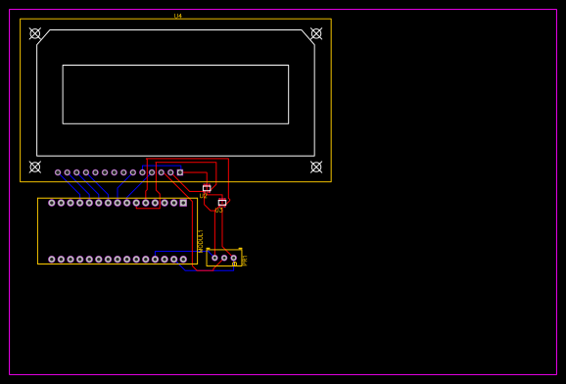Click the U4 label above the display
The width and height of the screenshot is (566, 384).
point(178,16)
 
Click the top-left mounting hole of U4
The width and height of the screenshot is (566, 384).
point(35,33)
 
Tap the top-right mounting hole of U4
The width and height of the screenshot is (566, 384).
point(316,33)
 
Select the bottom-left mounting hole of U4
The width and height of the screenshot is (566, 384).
point(35,167)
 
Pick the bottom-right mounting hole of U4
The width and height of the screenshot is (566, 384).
point(316,167)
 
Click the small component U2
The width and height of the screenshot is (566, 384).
point(207,187)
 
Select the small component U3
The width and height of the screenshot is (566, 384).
point(222,202)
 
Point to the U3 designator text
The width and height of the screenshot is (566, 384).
point(219,210)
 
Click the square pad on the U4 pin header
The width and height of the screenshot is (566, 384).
point(180,172)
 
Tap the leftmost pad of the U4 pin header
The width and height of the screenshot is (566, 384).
point(58,172)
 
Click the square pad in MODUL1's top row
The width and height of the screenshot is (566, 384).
point(183,203)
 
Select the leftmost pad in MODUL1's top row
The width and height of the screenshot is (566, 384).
point(52,203)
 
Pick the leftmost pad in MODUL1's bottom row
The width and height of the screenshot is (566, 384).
point(52,260)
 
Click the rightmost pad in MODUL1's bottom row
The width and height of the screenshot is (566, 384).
point(183,260)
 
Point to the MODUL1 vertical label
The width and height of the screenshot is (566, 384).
point(200,241)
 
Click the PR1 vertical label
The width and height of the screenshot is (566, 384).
point(245,260)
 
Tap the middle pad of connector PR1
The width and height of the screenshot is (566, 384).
point(224,258)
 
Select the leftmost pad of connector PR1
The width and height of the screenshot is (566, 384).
point(214,258)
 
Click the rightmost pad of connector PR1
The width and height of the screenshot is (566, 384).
point(234,258)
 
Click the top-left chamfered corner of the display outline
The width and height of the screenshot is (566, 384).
point(43,37)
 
